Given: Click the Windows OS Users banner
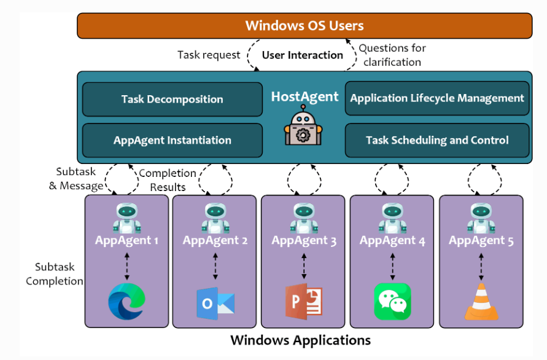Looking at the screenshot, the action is tap(305, 26).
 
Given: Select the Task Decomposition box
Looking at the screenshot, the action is tap(173, 100).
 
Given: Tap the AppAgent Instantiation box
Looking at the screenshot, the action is tap(173, 140).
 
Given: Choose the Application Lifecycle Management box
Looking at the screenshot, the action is tap(437, 98).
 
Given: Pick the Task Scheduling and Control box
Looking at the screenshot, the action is tap(437, 140).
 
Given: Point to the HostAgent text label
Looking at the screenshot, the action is tap(305, 96).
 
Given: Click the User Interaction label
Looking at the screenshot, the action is tap(303, 55).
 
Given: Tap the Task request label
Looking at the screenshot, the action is tap(209, 55).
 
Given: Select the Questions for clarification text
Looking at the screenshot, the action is tap(392, 55).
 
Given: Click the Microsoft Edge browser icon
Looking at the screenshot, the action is tap(126, 302).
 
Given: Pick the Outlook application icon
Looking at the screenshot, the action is tap(215, 303).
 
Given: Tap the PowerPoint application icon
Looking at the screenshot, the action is tap(303, 302).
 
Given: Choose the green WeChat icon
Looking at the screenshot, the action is tap(392, 302).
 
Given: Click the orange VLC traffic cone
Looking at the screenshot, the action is tap(481, 302).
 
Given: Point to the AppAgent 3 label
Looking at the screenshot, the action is tap(304, 241).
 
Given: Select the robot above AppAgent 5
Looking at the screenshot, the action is tap(481, 218).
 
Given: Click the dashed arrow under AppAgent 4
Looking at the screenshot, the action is tap(392, 267).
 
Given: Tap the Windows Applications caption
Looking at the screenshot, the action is tap(300, 340).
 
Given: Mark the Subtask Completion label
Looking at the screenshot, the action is tap(55, 274).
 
